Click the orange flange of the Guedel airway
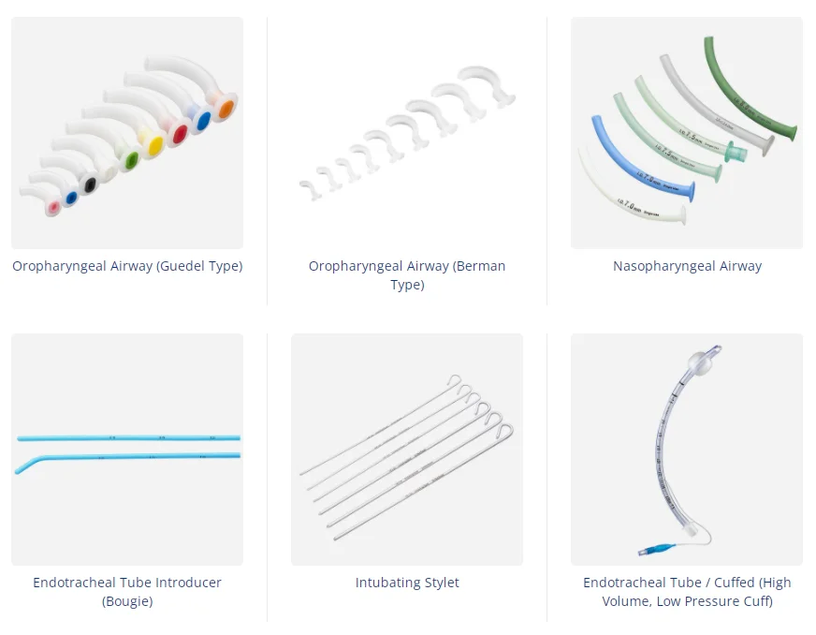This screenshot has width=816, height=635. pos(224,111)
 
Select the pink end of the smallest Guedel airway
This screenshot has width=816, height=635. pos(53,207)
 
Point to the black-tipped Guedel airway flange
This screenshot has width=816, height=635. pos(90,185)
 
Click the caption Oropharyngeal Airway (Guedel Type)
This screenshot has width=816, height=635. pos(127,266)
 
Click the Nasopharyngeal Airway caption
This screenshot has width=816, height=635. pos(687,266)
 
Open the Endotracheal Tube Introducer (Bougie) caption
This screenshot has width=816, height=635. pos(127,592)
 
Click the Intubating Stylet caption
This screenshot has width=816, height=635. pos(407,583)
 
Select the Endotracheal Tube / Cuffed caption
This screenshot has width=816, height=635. pos(687,592)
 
